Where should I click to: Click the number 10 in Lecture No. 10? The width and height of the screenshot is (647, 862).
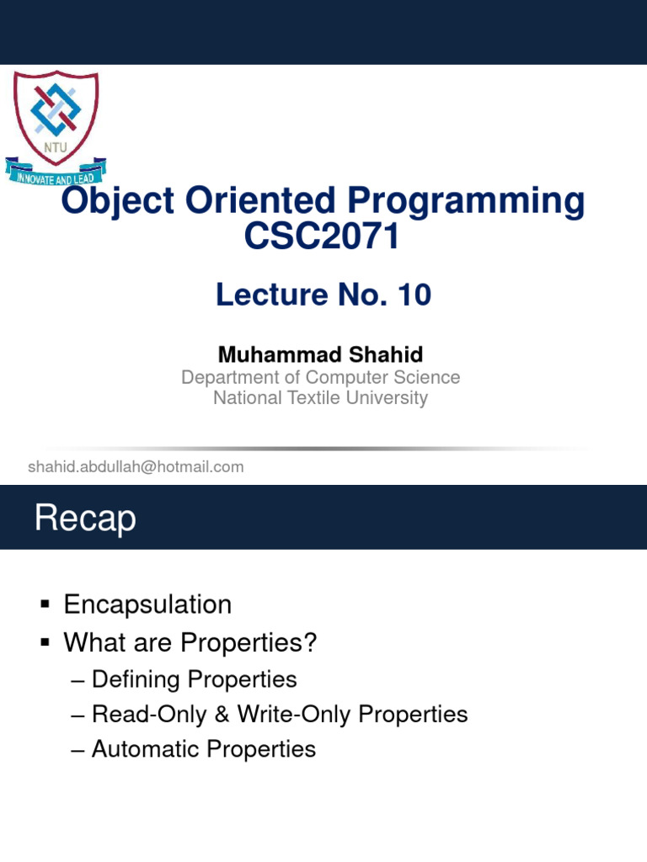414,295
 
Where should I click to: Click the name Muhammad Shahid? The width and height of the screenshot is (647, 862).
320,354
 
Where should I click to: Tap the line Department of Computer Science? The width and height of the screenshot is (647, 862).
320,377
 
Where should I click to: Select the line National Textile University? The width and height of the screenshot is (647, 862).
320,398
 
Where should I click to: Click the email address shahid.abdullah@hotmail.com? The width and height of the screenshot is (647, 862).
136,466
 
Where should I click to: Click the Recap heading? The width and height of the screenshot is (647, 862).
85,519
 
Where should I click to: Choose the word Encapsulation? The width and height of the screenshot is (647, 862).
147,604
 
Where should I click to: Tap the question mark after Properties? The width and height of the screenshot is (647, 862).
310,642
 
